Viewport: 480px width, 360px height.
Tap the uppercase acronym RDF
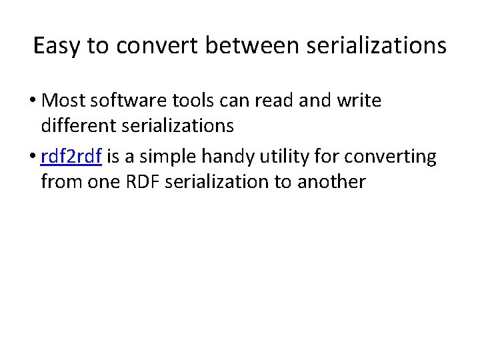(x=139, y=181)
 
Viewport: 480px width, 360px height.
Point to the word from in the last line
(x=59, y=181)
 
